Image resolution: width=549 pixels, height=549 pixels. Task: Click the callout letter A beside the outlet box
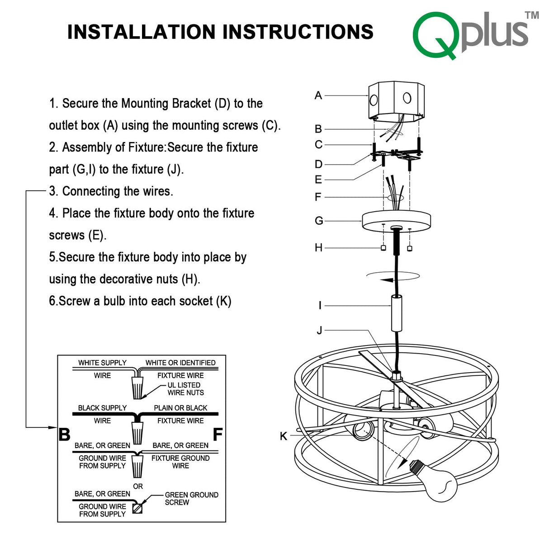pyautogui.click(x=318, y=95)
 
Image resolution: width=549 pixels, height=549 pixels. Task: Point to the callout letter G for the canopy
pyautogui.click(x=319, y=221)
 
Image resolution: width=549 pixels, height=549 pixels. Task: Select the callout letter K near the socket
pyautogui.click(x=284, y=436)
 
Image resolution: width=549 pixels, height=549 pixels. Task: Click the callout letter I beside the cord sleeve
pyautogui.click(x=320, y=306)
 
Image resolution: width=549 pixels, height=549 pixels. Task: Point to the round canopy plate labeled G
pyautogui.click(x=396, y=221)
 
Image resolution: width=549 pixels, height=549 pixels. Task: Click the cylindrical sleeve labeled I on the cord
pyautogui.click(x=397, y=313)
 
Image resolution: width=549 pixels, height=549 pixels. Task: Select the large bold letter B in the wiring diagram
pyautogui.click(x=65, y=435)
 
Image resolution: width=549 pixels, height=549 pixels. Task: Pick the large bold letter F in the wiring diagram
pyautogui.click(x=218, y=435)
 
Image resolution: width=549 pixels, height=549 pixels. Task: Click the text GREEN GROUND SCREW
pyautogui.click(x=191, y=498)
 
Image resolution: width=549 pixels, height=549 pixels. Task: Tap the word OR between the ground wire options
pyautogui.click(x=138, y=486)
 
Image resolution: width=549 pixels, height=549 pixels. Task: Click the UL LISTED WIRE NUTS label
pyautogui.click(x=185, y=389)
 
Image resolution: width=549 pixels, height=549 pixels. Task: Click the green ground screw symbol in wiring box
pyautogui.click(x=137, y=508)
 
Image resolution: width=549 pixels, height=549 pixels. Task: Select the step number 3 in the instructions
pyautogui.click(x=53, y=191)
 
